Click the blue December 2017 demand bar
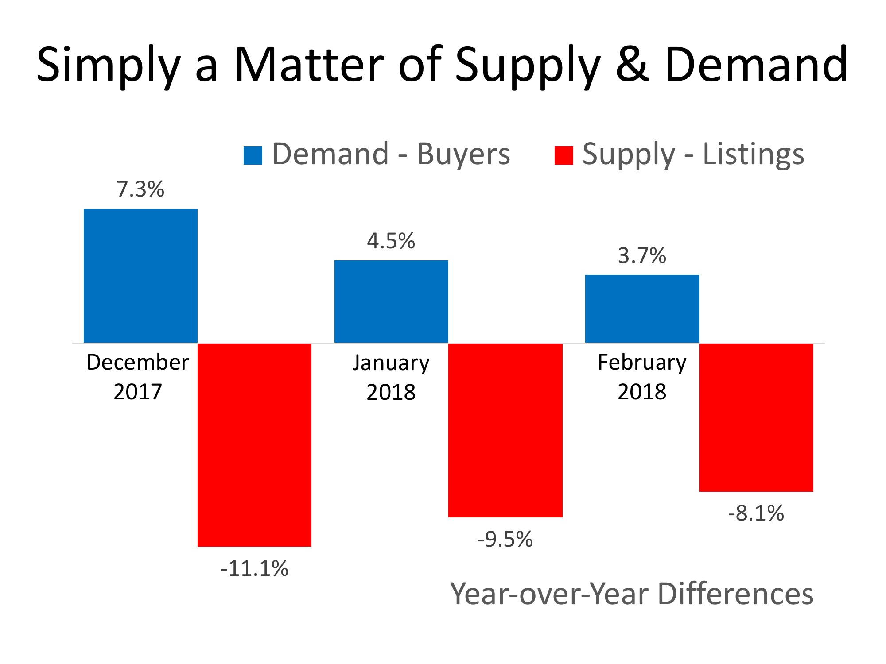[x=140, y=275]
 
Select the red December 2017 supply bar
[x=254, y=444]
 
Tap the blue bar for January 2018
[x=391, y=301]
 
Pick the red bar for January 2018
[x=505, y=430]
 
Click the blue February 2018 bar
[x=642, y=309]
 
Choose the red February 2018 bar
[x=756, y=417]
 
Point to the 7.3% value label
[x=140, y=189]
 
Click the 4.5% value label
[x=391, y=241]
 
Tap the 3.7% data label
[x=642, y=256]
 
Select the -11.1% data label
[x=254, y=569]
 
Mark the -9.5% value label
[x=505, y=540]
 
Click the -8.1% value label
[x=756, y=514]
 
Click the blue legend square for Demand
[x=253, y=155]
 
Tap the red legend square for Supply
[x=564, y=155]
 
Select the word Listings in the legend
[x=753, y=154]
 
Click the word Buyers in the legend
[x=463, y=154]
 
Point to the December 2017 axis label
[x=138, y=377]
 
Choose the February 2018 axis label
[x=642, y=377]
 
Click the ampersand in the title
[x=632, y=65]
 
